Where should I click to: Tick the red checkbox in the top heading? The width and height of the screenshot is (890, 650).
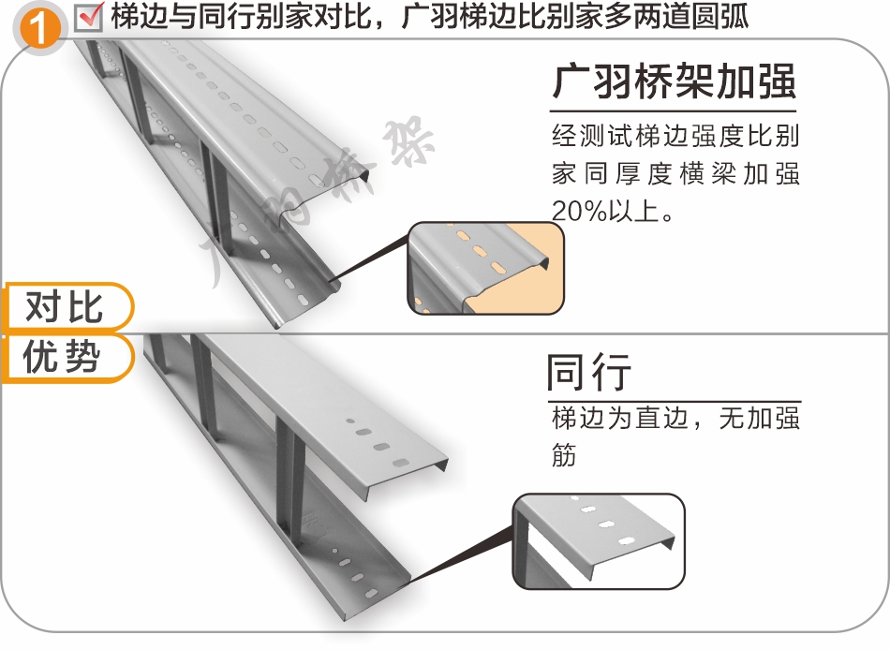[x=89, y=16]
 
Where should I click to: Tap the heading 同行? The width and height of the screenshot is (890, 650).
[x=588, y=373]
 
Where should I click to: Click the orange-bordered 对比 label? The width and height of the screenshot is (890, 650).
[x=64, y=307]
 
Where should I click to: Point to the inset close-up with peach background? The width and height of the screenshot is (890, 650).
[x=486, y=268]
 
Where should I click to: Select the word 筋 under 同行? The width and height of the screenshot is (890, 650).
[x=564, y=455]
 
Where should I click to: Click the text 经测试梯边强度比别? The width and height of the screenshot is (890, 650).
[x=675, y=137]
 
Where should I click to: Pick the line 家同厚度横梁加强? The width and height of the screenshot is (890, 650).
[x=675, y=174]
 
